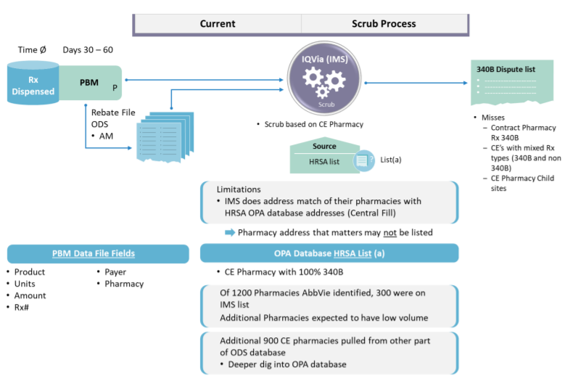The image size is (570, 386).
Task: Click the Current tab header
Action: coord(218,24)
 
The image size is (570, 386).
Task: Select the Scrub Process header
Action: coord(384,24)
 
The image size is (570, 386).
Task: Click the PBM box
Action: coord(91,83)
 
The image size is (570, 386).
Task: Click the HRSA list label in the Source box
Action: coord(324,161)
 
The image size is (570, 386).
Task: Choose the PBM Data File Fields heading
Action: coord(93,253)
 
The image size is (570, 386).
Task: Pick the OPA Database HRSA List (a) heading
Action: coord(329,253)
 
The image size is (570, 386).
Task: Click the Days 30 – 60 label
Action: coord(88,50)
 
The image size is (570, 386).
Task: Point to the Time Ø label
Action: coord(33,50)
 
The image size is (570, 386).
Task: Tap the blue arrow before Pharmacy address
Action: coord(230,232)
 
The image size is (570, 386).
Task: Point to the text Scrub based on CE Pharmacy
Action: coord(314,124)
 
